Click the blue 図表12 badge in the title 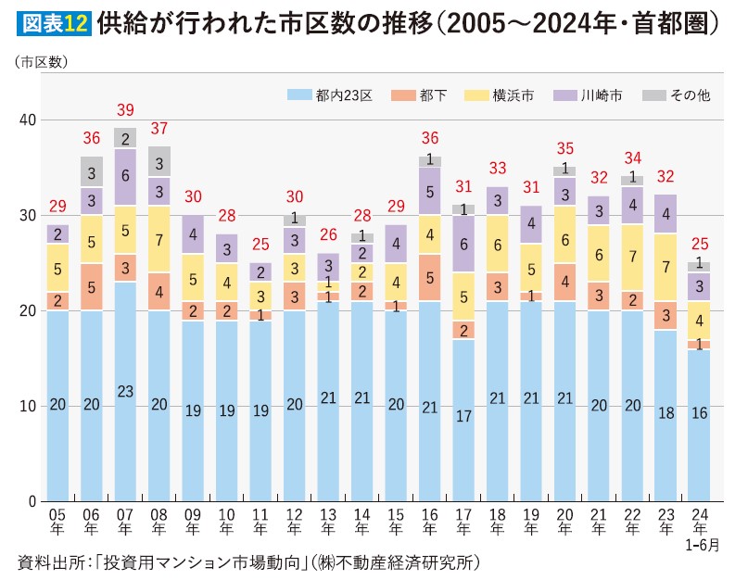(x=54, y=23)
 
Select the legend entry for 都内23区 (x=330, y=95)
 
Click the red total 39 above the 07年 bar (x=125, y=110)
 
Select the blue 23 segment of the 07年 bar (x=125, y=391)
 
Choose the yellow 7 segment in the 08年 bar (x=158, y=239)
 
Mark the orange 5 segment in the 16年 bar (x=430, y=277)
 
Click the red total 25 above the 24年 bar (x=700, y=245)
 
